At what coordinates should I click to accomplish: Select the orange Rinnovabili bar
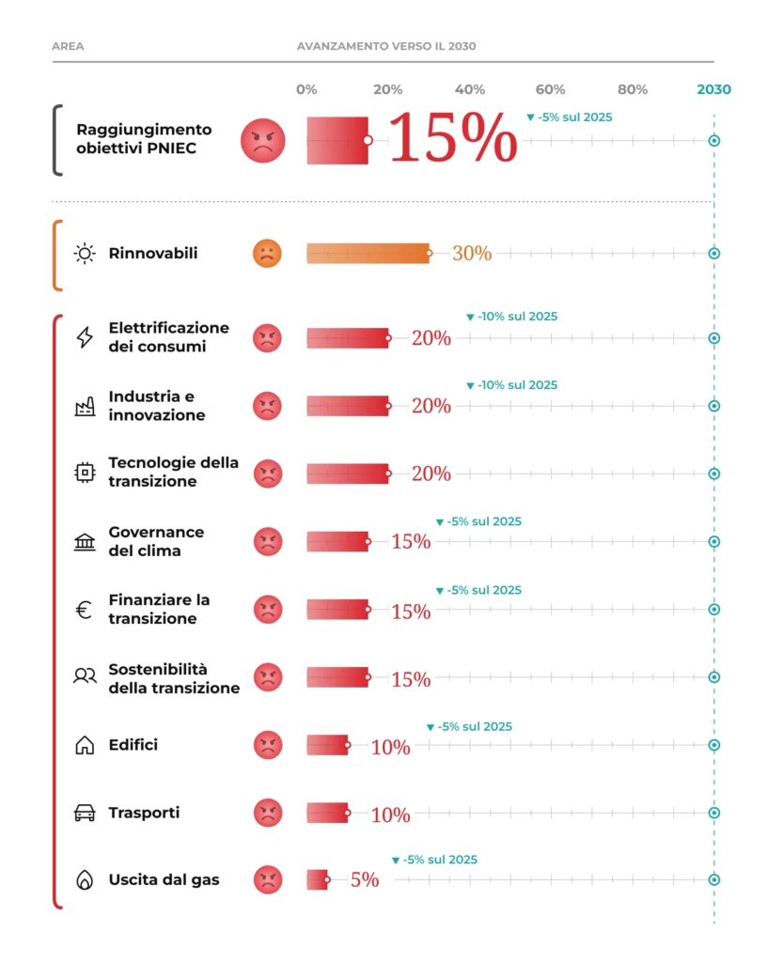368,254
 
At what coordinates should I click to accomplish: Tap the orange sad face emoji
267,254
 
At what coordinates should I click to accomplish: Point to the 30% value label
472,254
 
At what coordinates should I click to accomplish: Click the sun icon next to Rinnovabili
85,254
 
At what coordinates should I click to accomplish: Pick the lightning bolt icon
85,337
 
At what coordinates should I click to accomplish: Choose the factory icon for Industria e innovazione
85,406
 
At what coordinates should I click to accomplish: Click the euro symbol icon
84,610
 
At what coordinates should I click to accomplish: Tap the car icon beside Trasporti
85,813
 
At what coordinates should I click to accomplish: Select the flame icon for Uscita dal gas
85,879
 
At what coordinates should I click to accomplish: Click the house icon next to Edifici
85,745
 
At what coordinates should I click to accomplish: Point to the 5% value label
365,879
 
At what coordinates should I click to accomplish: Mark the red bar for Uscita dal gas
318,879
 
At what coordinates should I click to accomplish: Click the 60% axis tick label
551,89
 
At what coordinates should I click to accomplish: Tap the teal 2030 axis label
713,89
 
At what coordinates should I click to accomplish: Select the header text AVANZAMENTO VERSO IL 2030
386,46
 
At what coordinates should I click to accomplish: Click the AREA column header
68,46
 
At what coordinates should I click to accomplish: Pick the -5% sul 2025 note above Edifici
469,726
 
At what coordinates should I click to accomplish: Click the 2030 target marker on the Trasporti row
713,813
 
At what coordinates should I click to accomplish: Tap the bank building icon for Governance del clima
85,542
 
